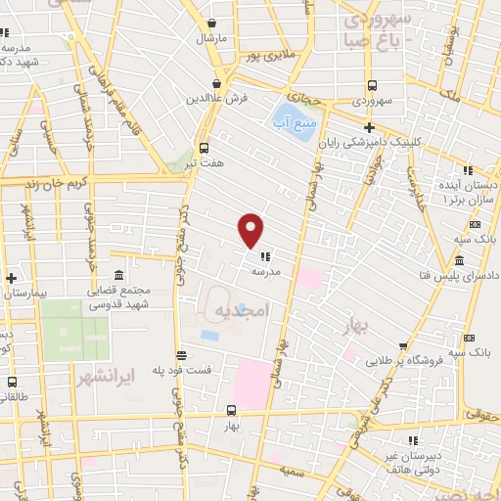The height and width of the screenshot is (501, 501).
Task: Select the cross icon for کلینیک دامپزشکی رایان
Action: click(x=369, y=127)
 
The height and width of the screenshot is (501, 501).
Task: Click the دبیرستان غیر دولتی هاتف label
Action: click(x=444, y=460)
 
